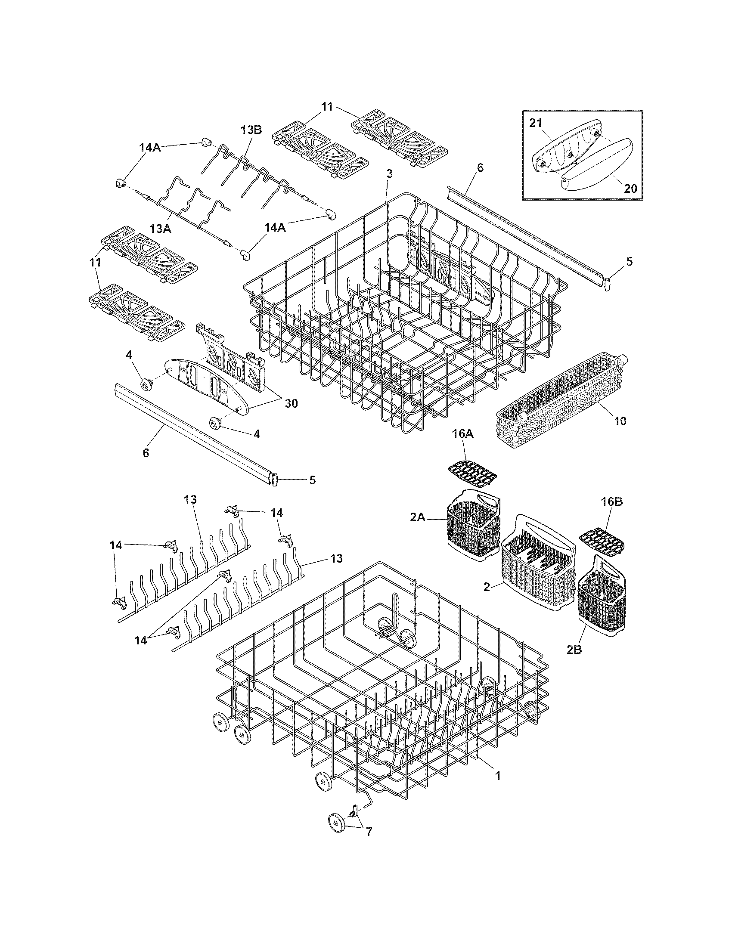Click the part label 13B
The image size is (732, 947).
tap(251, 130)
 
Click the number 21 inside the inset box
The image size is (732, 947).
tap(536, 123)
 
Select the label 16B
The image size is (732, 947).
tap(611, 501)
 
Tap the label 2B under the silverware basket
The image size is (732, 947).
tap(574, 662)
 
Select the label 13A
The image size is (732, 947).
tap(160, 229)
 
